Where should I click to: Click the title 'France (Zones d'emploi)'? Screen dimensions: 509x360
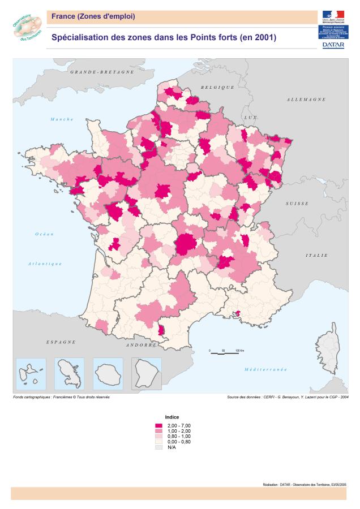pyautogui.click(x=93, y=16)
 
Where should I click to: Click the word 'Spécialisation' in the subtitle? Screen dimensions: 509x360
pyautogui.click(x=79, y=38)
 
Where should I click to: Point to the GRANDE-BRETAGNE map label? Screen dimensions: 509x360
pyautogui.click(x=102, y=72)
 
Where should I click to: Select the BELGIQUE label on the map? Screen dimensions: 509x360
pyautogui.click(x=217, y=87)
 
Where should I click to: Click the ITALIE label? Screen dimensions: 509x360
pyautogui.click(x=317, y=256)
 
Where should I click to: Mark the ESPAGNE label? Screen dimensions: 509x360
pyautogui.click(x=61, y=342)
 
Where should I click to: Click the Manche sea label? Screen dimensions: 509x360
pyautogui.click(x=62, y=119)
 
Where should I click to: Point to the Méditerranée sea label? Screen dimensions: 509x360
pyautogui.click(x=265, y=369)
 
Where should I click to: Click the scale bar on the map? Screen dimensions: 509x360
pyautogui.click(x=224, y=353)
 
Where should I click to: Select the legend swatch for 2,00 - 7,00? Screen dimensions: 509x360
pyautogui.click(x=158, y=425)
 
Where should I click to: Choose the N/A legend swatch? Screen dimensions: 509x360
pyautogui.click(x=158, y=446)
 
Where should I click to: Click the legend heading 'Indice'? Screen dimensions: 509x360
pyautogui.click(x=172, y=416)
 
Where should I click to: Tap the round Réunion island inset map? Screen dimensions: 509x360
pyautogui.click(x=108, y=373)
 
